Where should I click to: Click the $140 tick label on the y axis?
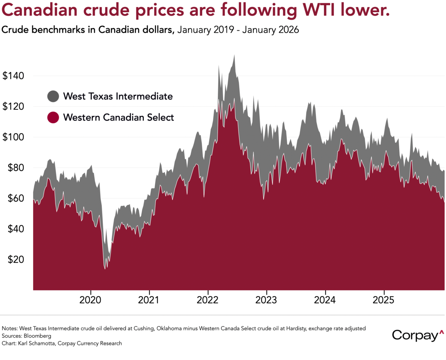pyautogui.click(x=13, y=76)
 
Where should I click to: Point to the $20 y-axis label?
pyautogui.click(x=16, y=260)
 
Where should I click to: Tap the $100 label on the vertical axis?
pyautogui.click(x=13, y=137)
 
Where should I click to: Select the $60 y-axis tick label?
pyautogui.click(x=16, y=198)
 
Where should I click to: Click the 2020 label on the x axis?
pyautogui.click(x=90, y=300)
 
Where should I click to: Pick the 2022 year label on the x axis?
pyautogui.click(x=208, y=300)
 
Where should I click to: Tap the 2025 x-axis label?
pyautogui.click(x=383, y=300)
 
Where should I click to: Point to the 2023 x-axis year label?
pyautogui.click(x=266, y=300)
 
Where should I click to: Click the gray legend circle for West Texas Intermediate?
pyautogui.click(x=53, y=96)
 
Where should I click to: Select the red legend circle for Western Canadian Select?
pyautogui.click(x=53, y=117)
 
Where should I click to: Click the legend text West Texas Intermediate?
pyautogui.click(x=118, y=96)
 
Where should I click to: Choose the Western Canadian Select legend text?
pyautogui.click(x=119, y=117)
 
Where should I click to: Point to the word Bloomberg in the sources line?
pyautogui.click(x=37, y=336)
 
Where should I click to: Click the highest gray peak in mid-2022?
pyautogui.click(x=235, y=55)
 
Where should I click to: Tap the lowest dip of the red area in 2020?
pyautogui.click(x=105, y=269)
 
